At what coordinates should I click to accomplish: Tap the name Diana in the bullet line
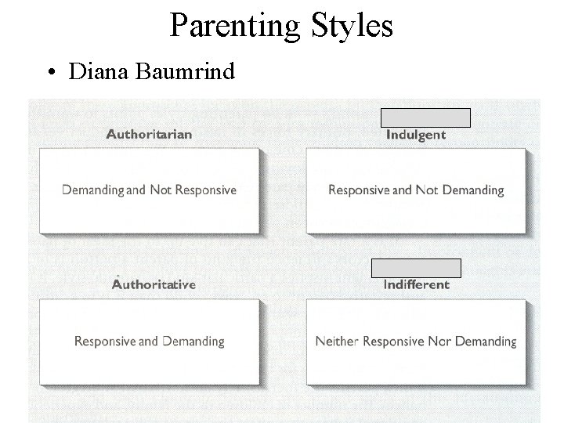(99, 72)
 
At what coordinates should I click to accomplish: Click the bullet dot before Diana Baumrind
(49, 73)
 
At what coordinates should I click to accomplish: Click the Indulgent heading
(416, 135)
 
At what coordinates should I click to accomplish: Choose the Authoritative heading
(154, 284)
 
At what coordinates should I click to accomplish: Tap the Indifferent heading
(417, 284)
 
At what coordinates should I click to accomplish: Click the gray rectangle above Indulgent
(425, 117)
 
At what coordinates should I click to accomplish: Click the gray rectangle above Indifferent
(416, 268)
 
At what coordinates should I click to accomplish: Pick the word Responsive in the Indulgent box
(358, 190)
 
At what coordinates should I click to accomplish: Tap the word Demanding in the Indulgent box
(473, 190)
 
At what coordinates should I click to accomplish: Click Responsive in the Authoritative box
(104, 342)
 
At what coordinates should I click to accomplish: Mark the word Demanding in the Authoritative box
(193, 342)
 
